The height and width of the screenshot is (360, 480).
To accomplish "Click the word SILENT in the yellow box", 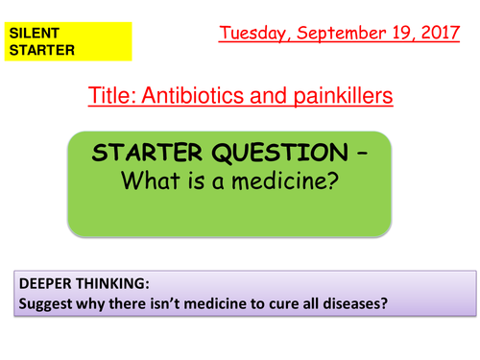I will pyautogui.click(x=30, y=33).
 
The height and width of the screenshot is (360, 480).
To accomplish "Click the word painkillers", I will pyautogui.click(x=333, y=96).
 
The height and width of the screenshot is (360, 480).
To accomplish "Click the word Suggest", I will pyautogui.click(x=45, y=305).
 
